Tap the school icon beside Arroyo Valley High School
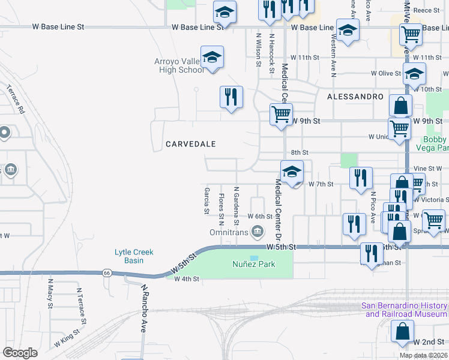coord(212,58)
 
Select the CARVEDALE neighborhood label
coord(190,144)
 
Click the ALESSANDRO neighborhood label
coord(355,96)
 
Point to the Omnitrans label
coord(228,232)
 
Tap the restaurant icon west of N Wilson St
coord(231,96)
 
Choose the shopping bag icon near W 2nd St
coord(402,331)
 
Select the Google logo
coord(20,353)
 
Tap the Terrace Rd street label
coord(17,99)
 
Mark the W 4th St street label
coord(186,279)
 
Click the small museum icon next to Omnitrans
coord(257,231)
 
